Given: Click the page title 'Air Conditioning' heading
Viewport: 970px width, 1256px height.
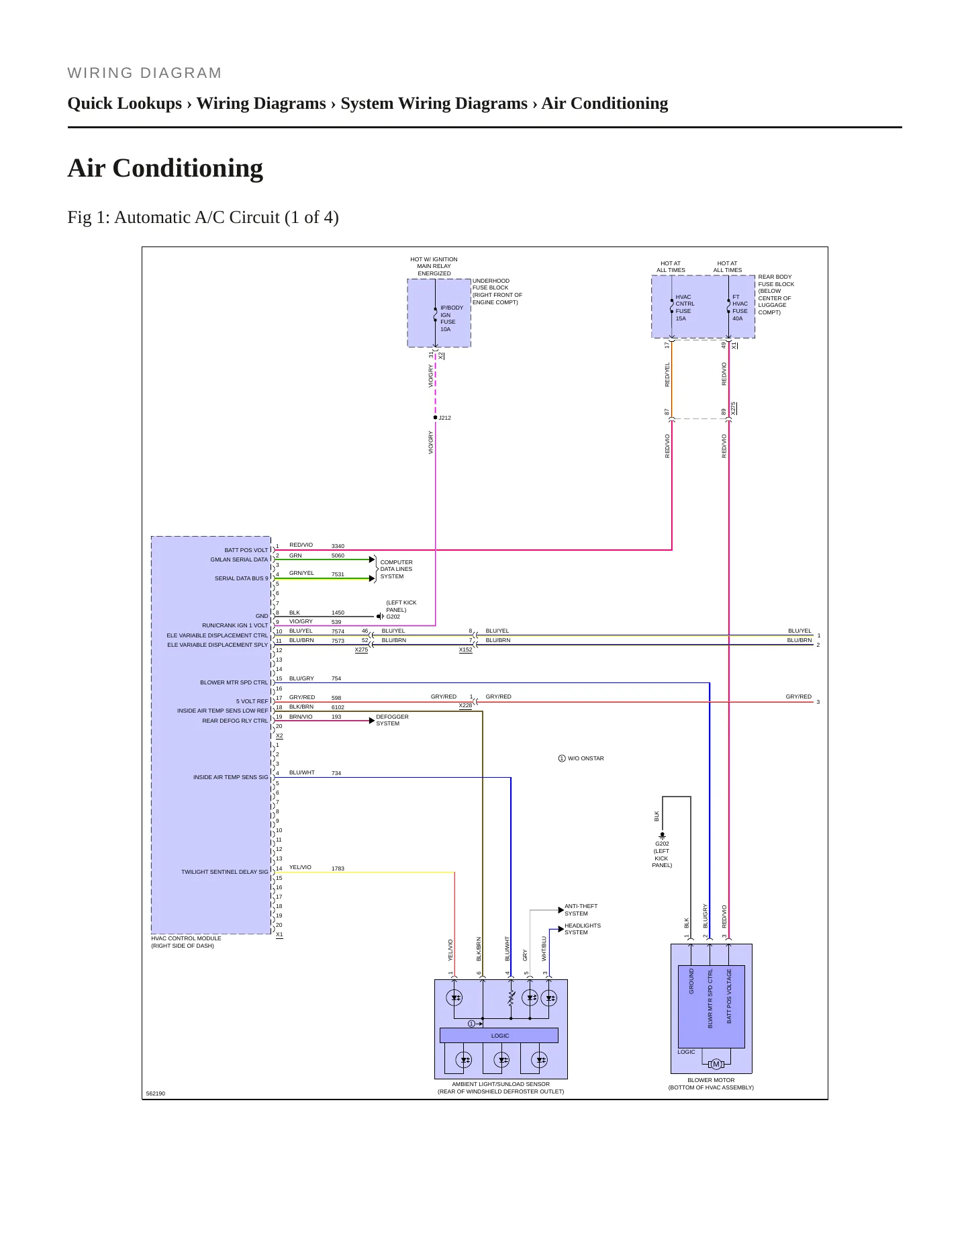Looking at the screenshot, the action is click(165, 168).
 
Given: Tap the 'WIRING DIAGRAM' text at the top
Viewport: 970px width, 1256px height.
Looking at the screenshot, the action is click(144, 73).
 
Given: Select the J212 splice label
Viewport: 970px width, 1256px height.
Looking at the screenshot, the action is click(444, 418).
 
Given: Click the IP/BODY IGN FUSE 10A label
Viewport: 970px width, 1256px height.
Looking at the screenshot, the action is click(451, 318).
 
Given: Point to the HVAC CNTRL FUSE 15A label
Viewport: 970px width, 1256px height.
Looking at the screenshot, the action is click(685, 308).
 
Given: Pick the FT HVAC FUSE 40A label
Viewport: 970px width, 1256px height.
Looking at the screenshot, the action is click(740, 308).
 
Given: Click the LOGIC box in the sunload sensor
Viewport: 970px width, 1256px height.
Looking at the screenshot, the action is click(499, 1035).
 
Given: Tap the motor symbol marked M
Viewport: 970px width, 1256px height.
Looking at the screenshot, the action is click(716, 1064).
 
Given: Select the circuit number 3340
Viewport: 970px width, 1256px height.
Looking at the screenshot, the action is click(338, 546).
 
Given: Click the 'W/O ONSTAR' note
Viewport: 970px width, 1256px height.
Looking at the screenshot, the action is click(585, 758).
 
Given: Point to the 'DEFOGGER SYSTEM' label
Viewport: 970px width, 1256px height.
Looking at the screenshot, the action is click(392, 720).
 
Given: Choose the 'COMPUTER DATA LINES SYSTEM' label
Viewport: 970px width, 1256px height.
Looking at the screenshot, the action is click(396, 569).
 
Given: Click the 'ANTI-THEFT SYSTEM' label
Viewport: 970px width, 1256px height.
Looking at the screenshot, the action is click(581, 909).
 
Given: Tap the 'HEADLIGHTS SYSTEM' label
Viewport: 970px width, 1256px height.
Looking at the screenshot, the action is click(582, 929).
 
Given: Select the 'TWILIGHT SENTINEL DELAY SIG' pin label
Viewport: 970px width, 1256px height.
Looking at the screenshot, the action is click(224, 872).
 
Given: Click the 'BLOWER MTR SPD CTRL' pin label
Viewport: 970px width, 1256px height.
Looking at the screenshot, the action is click(234, 682).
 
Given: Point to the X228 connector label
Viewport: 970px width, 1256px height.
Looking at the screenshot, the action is click(465, 705).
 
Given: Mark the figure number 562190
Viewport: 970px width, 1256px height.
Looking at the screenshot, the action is click(155, 1093).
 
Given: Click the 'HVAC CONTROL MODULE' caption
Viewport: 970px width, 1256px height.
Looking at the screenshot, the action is click(186, 938).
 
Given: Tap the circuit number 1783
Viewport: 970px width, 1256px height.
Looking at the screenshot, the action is click(338, 868).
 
